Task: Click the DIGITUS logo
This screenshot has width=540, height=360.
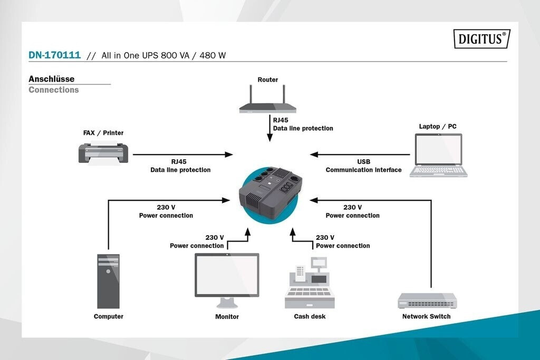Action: [482, 38]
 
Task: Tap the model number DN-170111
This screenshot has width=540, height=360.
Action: [54, 55]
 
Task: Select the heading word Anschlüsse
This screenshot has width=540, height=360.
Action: [51, 79]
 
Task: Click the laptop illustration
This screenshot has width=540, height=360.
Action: [438, 155]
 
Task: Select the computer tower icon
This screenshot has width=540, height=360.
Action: [109, 281]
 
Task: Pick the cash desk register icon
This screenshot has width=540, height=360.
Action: [310, 283]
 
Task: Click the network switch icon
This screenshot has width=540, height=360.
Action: [427, 300]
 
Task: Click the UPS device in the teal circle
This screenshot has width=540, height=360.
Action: [271, 193]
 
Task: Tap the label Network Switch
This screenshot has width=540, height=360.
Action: [426, 316]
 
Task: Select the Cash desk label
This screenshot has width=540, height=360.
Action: [310, 316]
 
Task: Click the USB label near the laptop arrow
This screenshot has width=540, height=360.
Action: [364, 161]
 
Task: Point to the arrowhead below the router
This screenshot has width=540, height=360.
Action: [270, 138]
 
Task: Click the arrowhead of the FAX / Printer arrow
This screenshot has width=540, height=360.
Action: [229, 154]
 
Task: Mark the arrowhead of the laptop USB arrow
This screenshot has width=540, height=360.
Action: [314, 154]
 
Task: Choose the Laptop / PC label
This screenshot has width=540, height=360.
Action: [438, 127]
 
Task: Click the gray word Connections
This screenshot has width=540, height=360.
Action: [54, 90]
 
